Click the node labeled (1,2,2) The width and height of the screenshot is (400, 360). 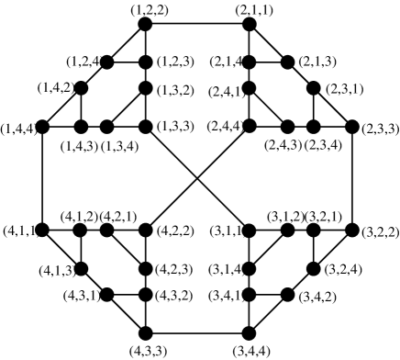[x=144, y=25]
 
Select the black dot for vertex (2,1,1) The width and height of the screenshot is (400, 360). [x=247, y=25]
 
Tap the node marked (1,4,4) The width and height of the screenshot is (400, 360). [x=43, y=126]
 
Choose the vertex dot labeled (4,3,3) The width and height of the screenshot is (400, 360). [x=144, y=332]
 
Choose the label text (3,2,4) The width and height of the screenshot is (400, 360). [x=341, y=270]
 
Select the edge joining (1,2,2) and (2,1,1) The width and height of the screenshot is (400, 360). [x=195, y=25]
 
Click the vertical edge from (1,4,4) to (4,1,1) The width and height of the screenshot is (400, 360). [x=43, y=177]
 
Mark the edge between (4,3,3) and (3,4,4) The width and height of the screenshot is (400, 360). [x=196, y=332]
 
